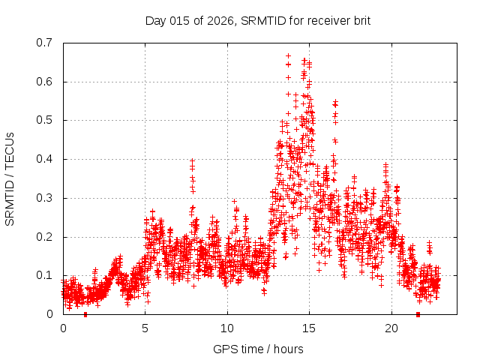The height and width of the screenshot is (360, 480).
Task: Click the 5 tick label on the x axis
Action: pyautogui.click(x=145, y=328)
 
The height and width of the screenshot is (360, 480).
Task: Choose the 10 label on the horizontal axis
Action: pyautogui.click(x=227, y=328)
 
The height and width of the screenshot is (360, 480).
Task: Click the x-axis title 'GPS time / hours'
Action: pyautogui.click(x=258, y=349)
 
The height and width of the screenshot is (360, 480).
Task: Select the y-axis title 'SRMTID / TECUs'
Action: pyautogui.click(x=10, y=178)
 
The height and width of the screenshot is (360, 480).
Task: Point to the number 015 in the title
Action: pyautogui.click(x=181, y=19)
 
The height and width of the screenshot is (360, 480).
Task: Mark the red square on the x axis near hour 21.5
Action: pyautogui.click(x=418, y=314)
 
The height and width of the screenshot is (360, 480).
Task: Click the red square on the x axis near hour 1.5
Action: pyautogui.click(x=85, y=314)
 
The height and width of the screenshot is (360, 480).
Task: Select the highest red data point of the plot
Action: pyautogui.click(x=289, y=56)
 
